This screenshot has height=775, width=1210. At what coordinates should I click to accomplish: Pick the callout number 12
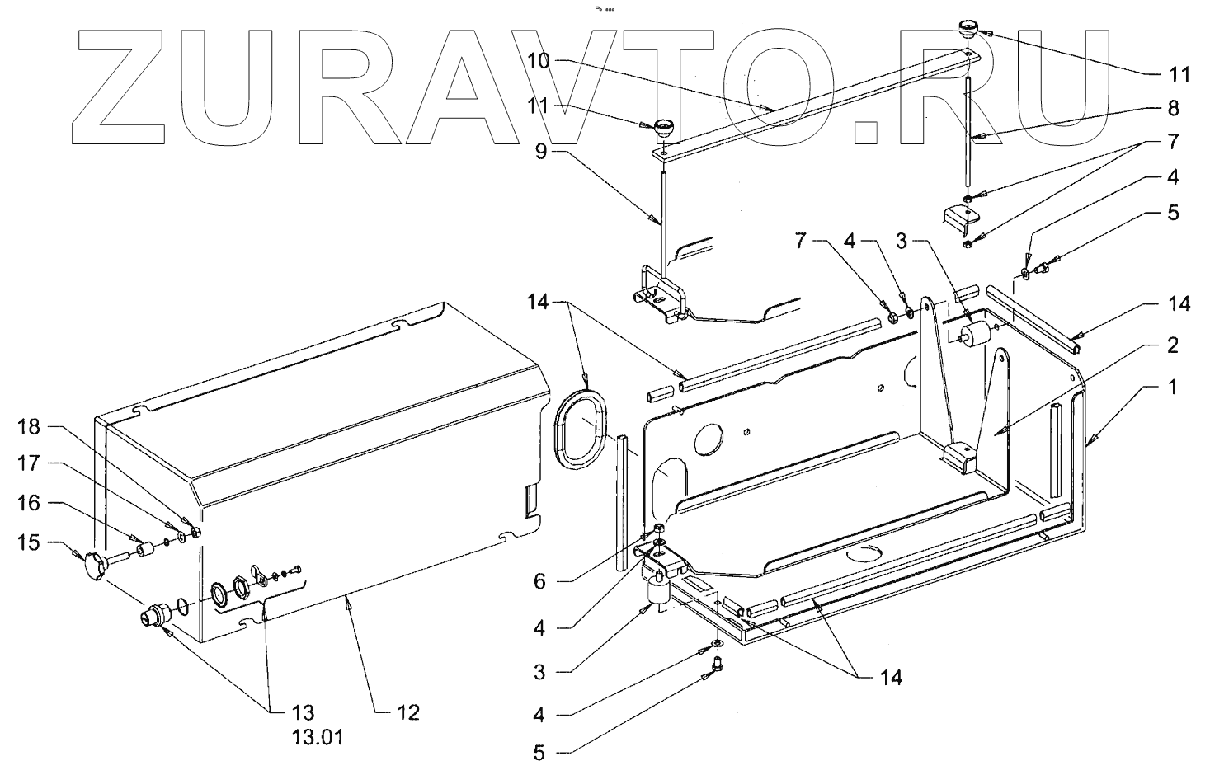click(x=407, y=712)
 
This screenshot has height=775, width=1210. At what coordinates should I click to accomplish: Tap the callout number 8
click(x=1173, y=107)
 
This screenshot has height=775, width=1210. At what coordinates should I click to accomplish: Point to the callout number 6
click(x=539, y=581)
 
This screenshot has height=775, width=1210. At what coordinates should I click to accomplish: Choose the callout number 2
click(x=1173, y=344)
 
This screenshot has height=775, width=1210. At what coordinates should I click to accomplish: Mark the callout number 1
click(x=1173, y=386)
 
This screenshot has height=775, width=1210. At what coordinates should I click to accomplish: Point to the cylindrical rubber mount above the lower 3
click(x=657, y=590)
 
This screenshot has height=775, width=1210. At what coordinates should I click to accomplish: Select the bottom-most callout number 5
click(x=539, y=753)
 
